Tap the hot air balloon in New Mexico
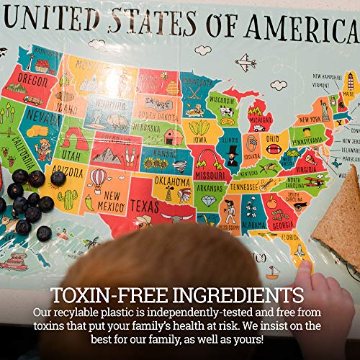(x=99, y=176)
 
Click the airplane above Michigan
(x=246, y=61)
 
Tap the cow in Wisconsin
(x=225, y=112)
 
